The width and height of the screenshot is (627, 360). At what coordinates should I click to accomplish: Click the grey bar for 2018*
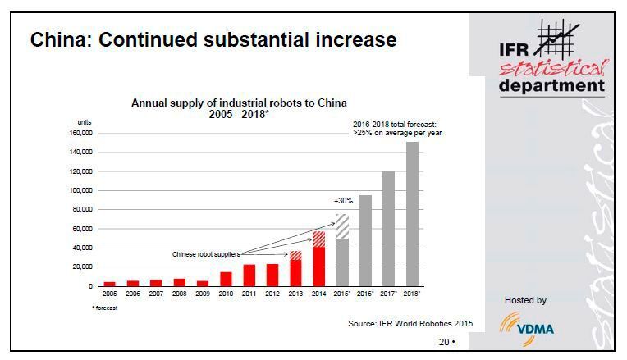[x=412, y=214]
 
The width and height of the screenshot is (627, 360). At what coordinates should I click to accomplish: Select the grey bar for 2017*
[x=389, y=229]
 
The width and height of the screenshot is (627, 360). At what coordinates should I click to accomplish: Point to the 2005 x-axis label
[x=110, y=293]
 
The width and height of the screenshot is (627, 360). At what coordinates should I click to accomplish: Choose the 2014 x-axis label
[x=319, y=293]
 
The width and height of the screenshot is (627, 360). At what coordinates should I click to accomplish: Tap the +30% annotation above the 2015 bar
[x=342, y=201]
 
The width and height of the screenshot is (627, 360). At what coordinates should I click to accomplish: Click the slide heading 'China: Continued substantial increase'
[x=213, y=39]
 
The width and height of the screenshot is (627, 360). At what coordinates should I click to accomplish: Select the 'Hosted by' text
[x=526, y=301]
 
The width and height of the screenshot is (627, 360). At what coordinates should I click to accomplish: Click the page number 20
[x=443, y=342]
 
